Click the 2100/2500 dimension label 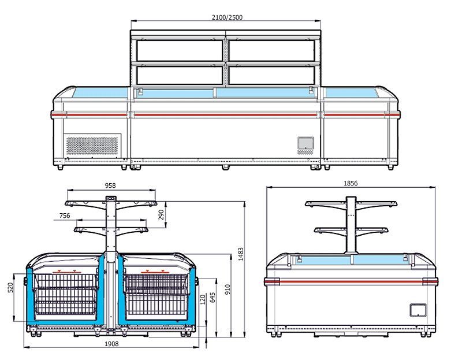coord(227,17)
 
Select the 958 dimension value coord(110,185)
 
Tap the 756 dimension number coord(65,216)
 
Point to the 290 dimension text coord(161,214)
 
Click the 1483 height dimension coord(241,254)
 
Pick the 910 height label coord(227,290)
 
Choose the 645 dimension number coord(213,297)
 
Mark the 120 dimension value coord(203,300)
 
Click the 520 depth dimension coord(10,287)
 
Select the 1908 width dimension coord(111,344)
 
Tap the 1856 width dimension coord(351,183)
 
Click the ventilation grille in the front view coord(92,145)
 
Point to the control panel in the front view coord(305,143)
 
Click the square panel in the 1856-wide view coord(418,310)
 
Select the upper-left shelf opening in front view coord(180,51)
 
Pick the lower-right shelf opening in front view coord(271,76)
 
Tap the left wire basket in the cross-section coord(66,294)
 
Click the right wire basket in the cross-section coord(157,294)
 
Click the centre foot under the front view coord(226,168)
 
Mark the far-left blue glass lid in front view coord(100,92)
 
